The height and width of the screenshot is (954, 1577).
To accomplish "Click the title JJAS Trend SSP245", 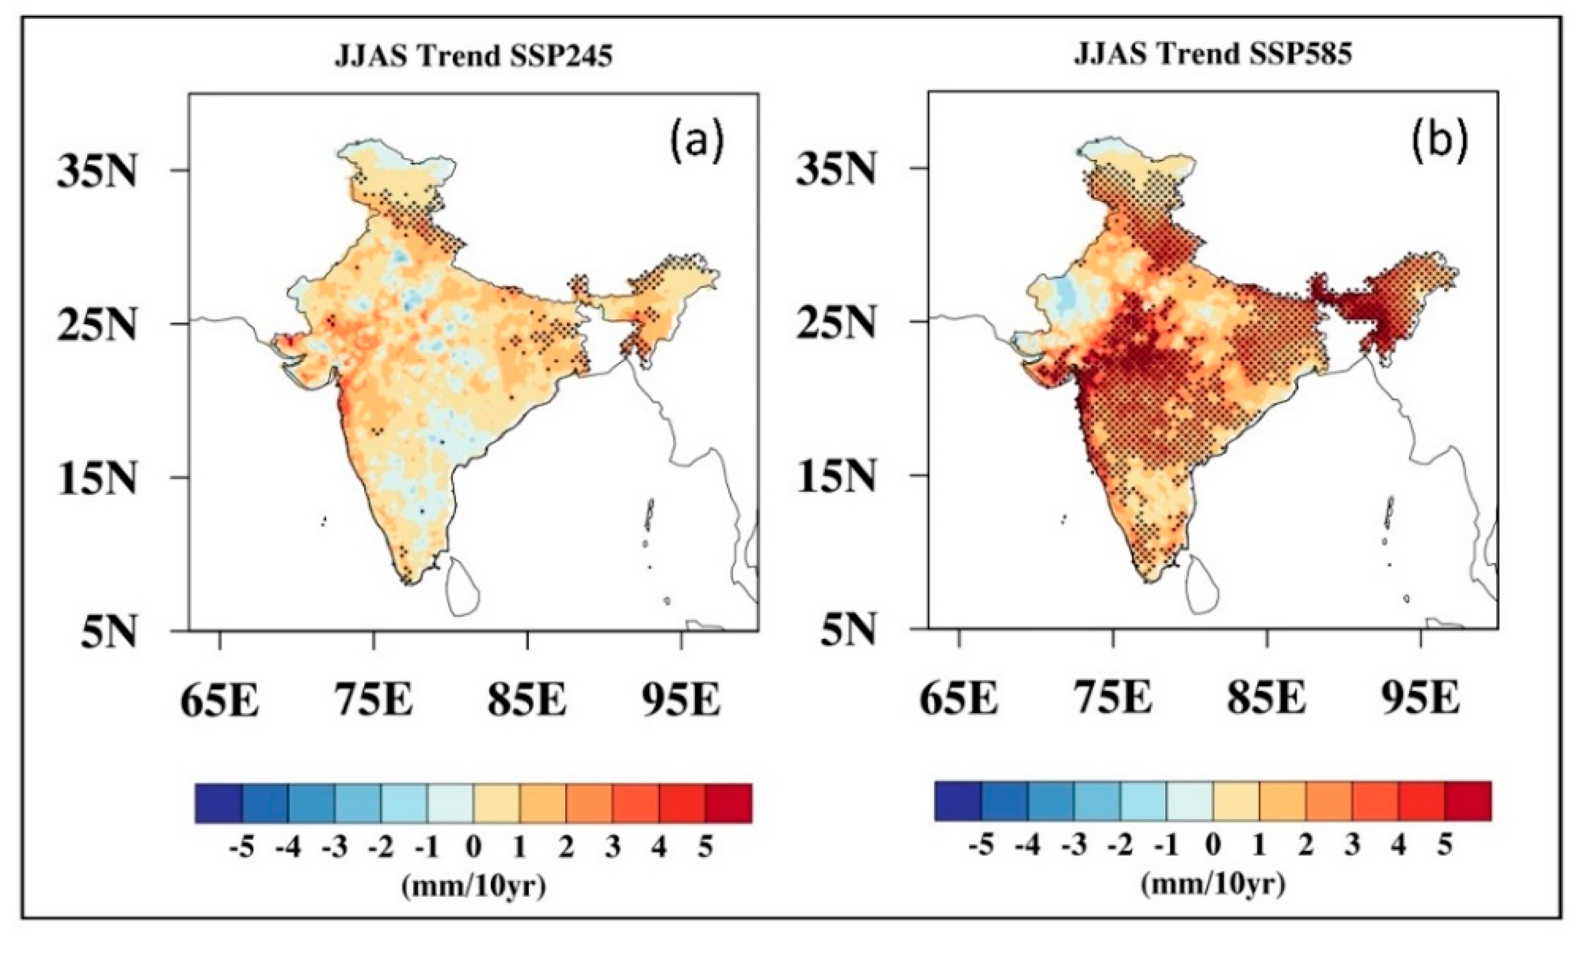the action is [x=474, y=56].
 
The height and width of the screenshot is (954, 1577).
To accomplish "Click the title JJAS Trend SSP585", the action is [x=1213, y=54].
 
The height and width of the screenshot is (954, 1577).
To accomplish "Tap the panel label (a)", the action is [x=697, y=143].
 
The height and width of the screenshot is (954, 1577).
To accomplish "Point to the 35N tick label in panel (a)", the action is [x=98, y=172].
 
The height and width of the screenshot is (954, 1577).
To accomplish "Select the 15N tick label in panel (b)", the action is [x=836, y=478].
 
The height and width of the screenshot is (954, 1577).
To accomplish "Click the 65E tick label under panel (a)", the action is [x=219, y=700].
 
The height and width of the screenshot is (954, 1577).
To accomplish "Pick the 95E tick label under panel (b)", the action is [x=1421, y=699].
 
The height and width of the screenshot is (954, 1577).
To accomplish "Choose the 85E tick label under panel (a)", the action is [x=527, y=700].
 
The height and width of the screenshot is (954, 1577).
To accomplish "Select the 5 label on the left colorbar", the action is [x=705, y=848].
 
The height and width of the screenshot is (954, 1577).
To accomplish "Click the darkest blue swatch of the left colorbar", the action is [x=219, y=803].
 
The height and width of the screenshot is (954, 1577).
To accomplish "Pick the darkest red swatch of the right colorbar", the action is [x=1468, y=800].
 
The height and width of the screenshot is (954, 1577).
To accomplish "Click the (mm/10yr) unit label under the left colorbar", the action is [x=474, y=886].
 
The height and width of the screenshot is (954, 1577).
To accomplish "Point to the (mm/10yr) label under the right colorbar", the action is [x=1213, y=884].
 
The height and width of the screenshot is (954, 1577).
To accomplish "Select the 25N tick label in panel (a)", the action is [x=98, y=325].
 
